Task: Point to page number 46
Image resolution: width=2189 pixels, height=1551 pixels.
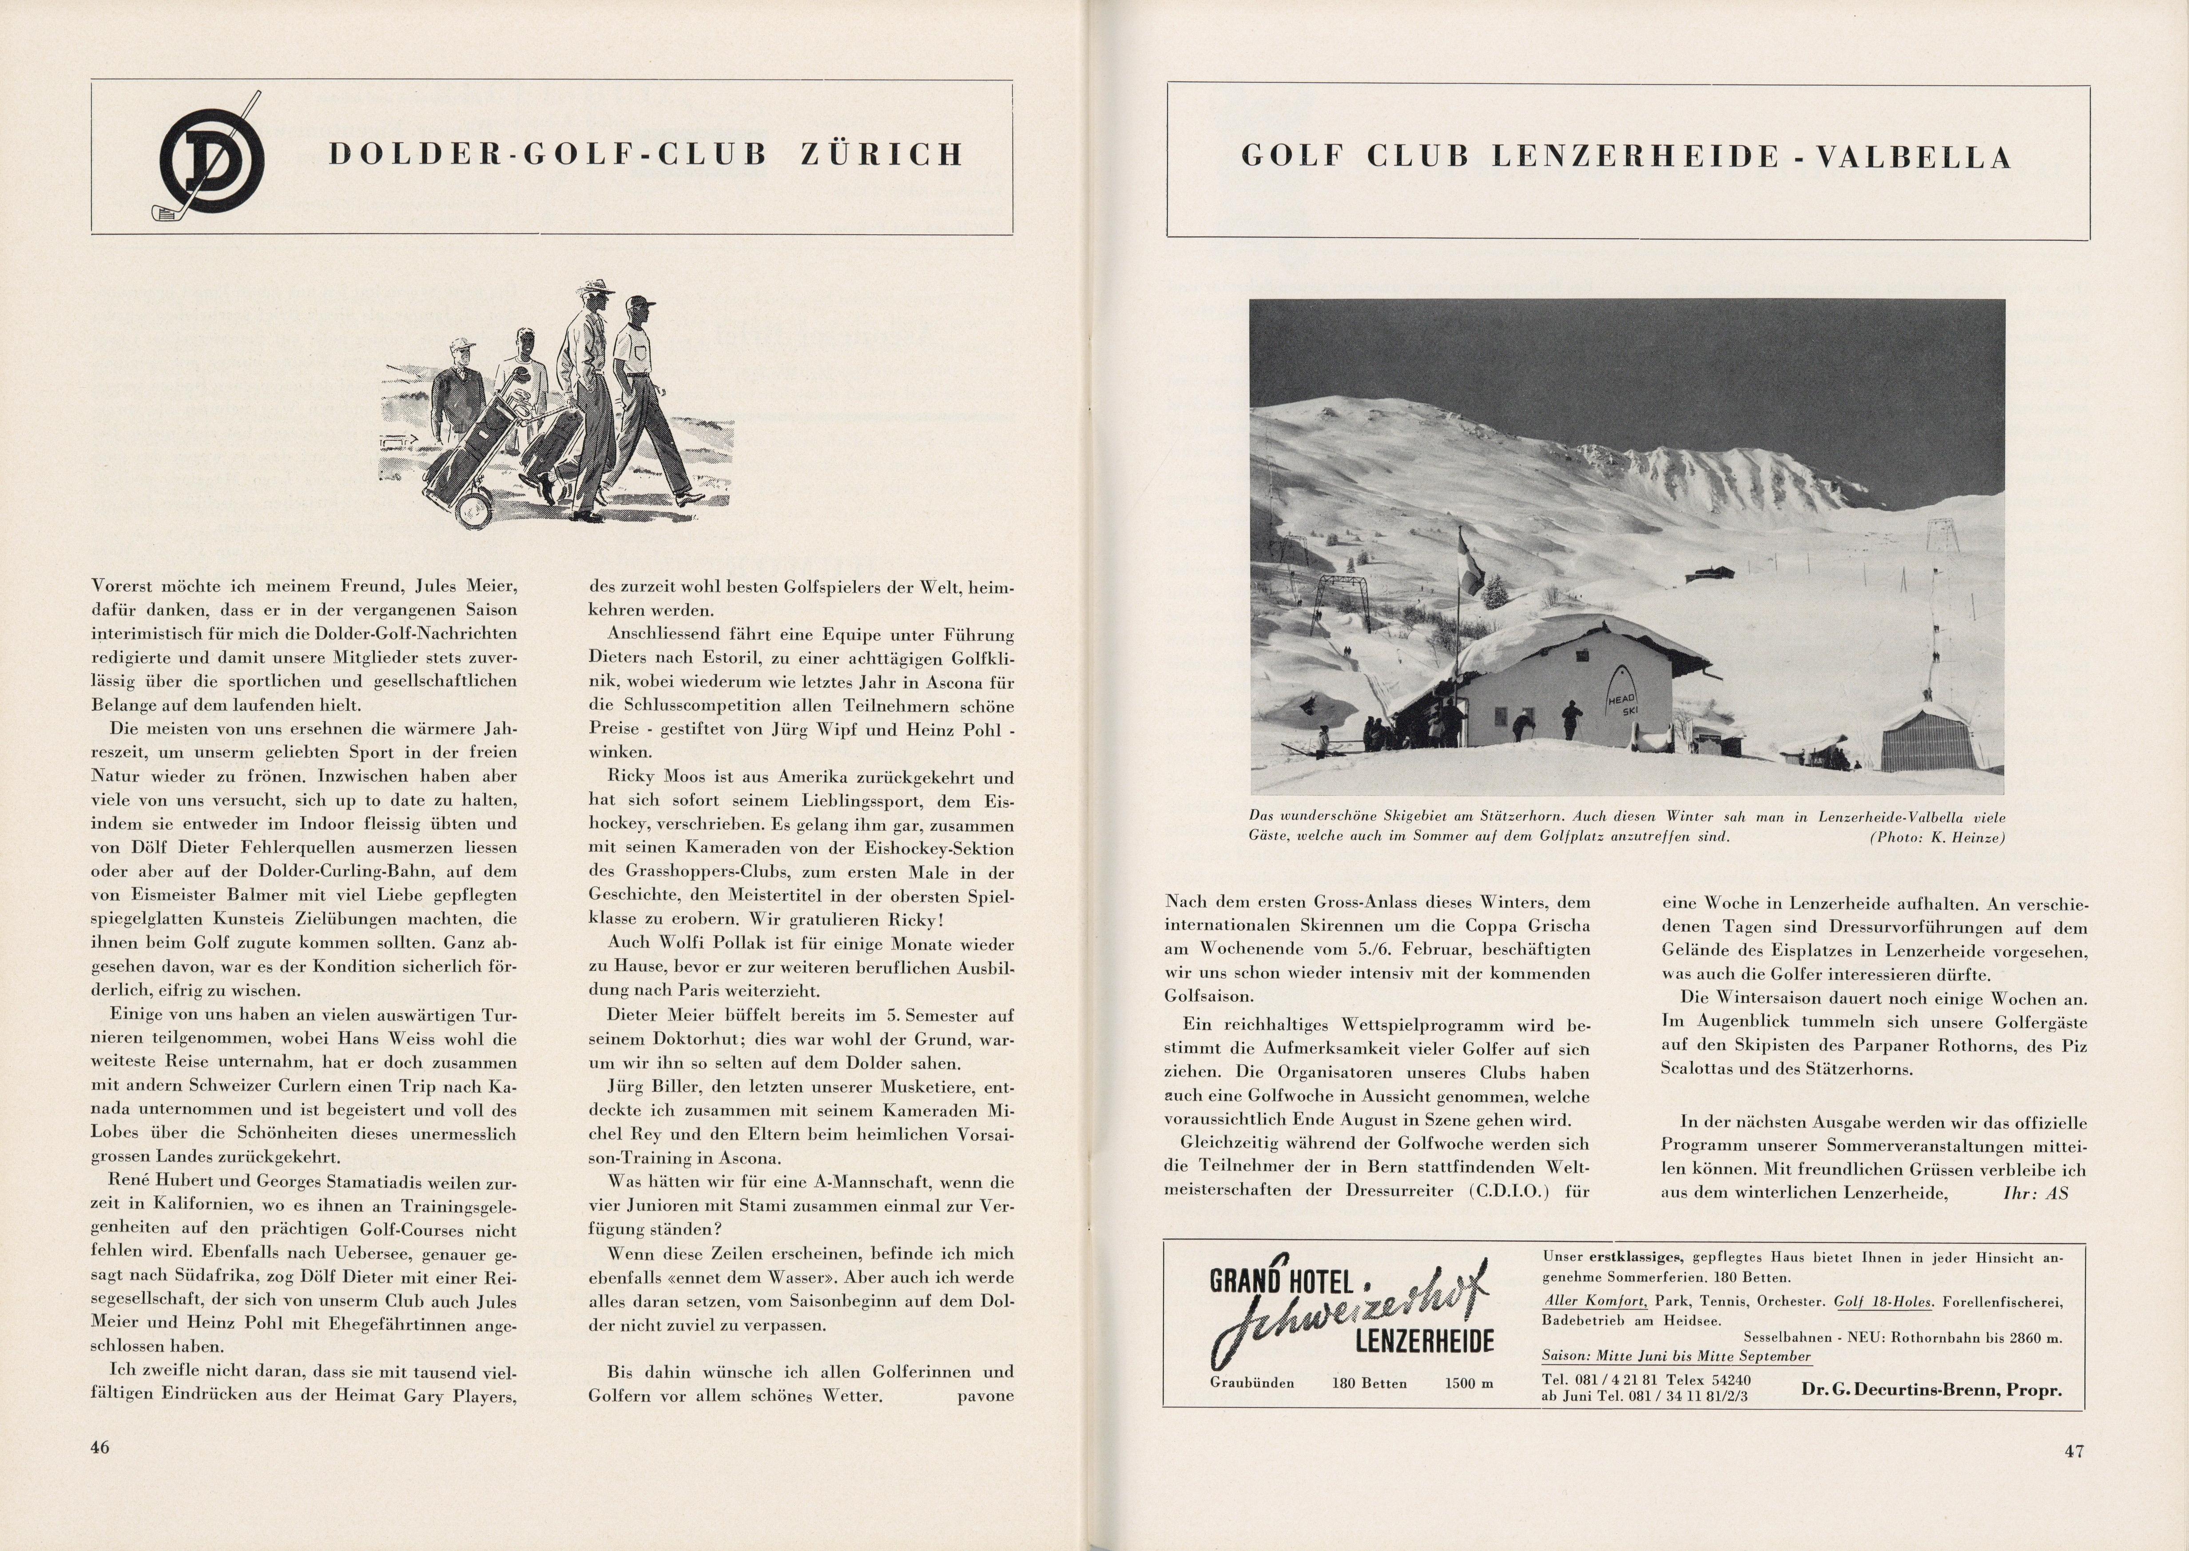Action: [100, 1447]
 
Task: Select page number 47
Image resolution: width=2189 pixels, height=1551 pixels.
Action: [2074, 1451]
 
